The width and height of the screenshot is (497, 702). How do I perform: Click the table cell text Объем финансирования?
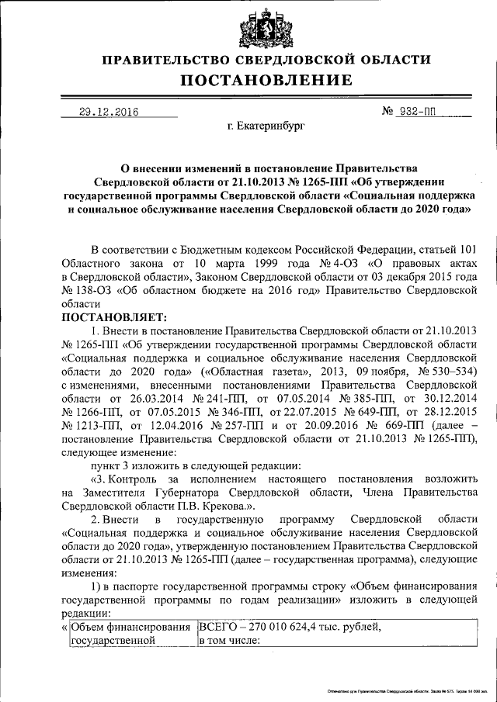tap(130, 627)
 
